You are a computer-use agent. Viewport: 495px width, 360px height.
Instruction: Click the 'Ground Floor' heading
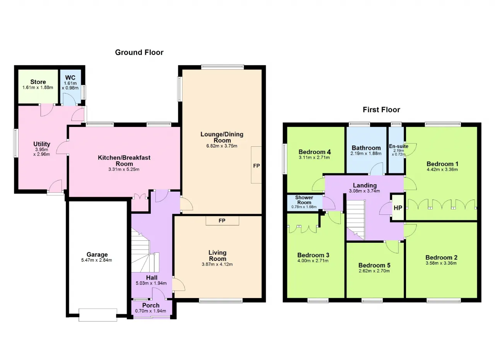139,52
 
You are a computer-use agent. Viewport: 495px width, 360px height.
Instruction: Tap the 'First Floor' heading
381,110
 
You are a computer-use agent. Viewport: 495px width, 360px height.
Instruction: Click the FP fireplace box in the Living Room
222,221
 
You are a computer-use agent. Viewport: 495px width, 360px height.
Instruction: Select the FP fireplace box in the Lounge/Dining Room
256,165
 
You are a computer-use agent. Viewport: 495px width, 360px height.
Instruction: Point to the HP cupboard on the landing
398,207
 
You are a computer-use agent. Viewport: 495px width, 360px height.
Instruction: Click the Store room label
38,82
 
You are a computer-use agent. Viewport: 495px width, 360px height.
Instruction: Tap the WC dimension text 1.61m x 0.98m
70,86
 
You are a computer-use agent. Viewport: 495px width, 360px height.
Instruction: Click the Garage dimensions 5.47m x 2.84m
97,260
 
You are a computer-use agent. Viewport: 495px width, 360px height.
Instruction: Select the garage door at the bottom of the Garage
98,315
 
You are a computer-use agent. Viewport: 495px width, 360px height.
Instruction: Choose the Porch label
151,305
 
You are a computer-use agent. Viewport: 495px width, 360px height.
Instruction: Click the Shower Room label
304,200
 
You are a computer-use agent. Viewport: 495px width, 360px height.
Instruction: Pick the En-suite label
399,146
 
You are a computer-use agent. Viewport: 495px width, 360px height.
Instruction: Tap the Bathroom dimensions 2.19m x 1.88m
366,153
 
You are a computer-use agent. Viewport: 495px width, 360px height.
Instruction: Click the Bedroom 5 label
374,265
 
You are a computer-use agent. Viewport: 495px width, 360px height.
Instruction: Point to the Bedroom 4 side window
284,159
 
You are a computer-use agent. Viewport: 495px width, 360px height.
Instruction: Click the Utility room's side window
15,143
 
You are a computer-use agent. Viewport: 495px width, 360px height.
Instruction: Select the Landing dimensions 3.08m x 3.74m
364,191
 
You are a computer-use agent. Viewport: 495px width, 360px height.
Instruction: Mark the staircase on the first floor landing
355,220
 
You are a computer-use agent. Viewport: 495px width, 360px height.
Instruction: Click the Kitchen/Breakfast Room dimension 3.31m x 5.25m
124,170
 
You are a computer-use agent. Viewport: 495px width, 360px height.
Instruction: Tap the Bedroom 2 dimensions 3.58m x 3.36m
441,263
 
